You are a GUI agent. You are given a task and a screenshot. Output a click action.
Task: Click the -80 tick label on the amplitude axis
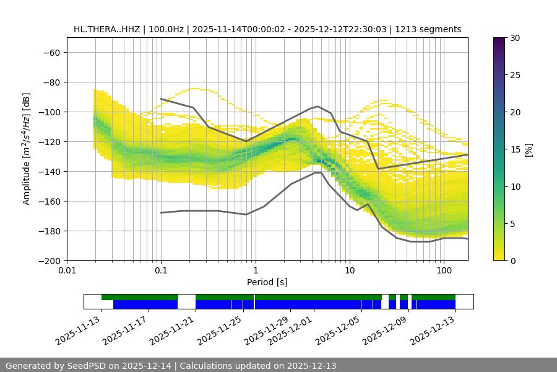(x=50, y=82)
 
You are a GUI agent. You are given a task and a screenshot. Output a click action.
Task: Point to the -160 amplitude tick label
(x=48, y=201)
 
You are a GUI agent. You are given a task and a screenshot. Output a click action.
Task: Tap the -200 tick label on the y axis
(x=48, y=261)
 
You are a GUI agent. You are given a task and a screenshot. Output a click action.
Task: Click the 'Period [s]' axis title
(x=267, y=282)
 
